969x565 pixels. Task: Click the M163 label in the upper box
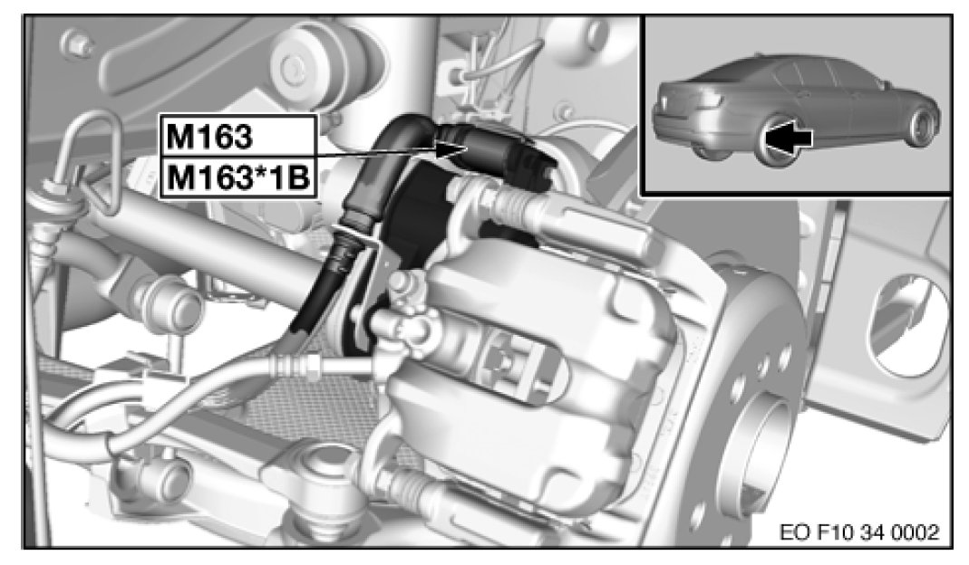[x=208, y=137]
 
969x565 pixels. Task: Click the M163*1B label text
[x=237, y=178]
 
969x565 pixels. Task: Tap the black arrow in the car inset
[x=788, y=137]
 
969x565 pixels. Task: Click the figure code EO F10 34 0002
[x=859, y=531]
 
